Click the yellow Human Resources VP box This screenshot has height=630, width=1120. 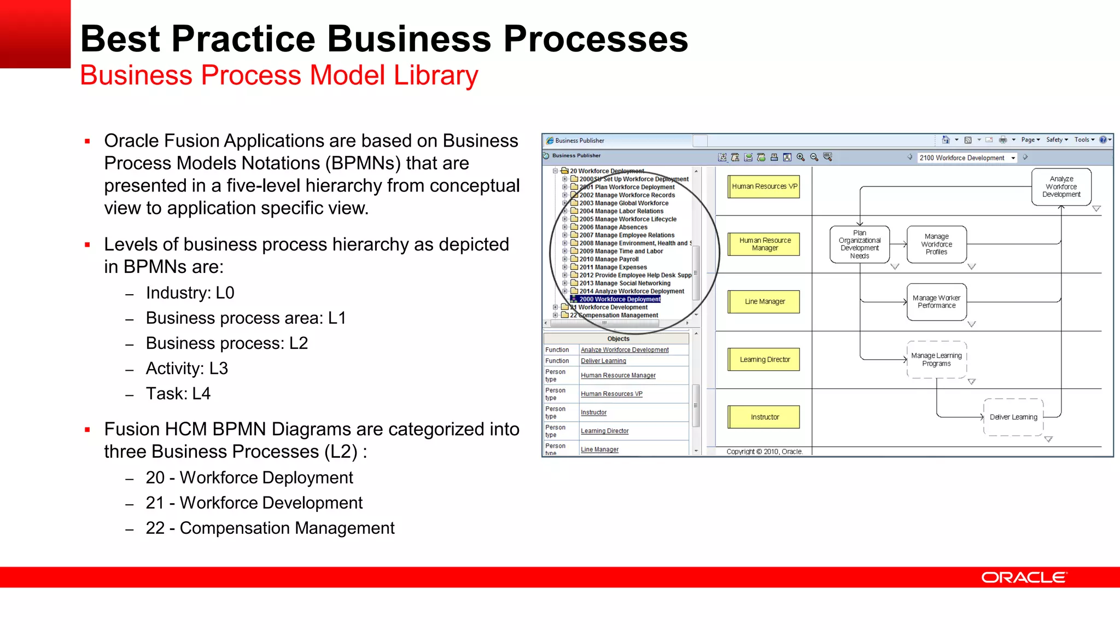click(764, 186)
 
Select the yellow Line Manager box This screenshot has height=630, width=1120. click(764, 301)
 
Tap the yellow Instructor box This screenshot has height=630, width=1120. click(764, 417)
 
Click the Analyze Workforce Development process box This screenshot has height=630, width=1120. click(1061, 186)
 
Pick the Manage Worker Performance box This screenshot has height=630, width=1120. click(936, 302)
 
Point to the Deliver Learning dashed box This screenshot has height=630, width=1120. click(1013, 417)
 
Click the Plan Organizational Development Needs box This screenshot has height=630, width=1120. click(859, 244)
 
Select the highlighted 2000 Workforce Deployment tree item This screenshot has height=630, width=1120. click(620, 299)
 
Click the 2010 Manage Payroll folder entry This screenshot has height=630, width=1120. click(609, 259)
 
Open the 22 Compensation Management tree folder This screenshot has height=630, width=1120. click(614, 315)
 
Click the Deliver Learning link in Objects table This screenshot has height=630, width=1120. click(603, 361)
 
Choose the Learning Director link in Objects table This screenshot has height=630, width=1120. click(604, 431)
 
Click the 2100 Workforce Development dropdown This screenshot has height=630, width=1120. click(966, 157)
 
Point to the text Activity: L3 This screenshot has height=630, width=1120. click(186, 369)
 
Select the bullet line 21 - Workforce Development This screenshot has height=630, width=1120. click(254, 503)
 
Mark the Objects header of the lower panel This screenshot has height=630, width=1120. click(618, 339)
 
